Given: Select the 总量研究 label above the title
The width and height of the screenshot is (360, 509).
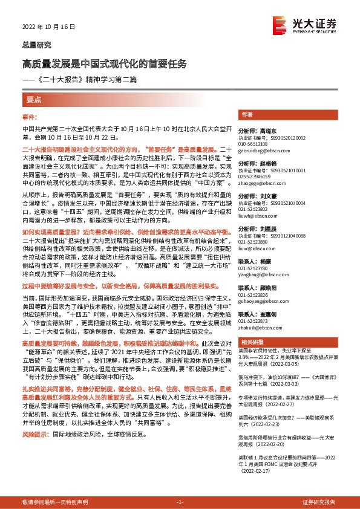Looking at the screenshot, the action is tap(36, 45).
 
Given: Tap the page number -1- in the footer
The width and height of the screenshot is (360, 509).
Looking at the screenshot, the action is tap(180, 503).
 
